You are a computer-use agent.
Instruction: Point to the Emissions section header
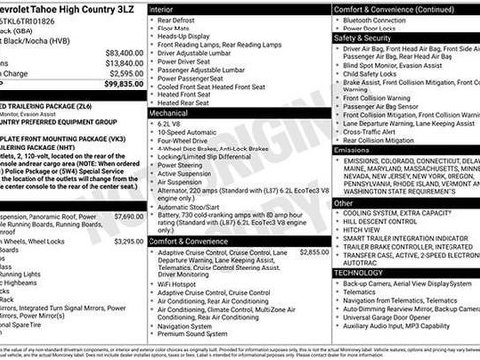click(353, 150)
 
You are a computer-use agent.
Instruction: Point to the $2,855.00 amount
click(314, 252)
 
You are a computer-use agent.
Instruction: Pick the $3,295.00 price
click(128, 240)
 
